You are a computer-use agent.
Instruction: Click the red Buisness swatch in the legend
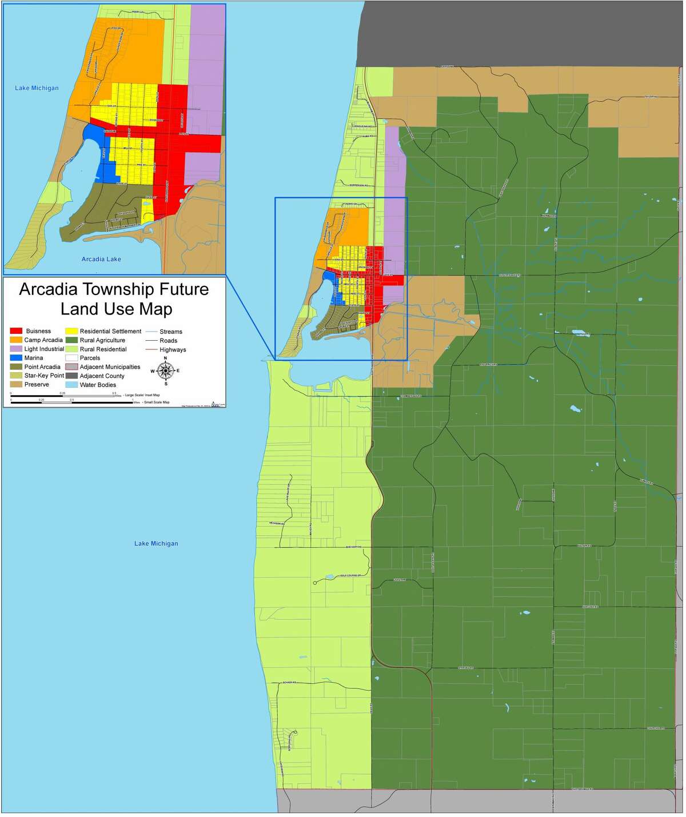pyautogui.click(x=16, y=331)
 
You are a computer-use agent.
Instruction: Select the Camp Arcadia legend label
pyautogui.click(x=43, y=340)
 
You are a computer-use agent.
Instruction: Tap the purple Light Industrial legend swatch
pyautogui.click(x=16, y=349)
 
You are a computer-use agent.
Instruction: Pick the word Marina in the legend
pyautogui.click(x=34, y=358)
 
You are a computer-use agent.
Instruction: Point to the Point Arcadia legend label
pyautogui.click(x=42, y=367)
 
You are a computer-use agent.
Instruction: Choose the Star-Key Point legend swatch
pyautogui.click(x=16, y=376)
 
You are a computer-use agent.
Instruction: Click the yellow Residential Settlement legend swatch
pyautogui.click(x=71, y=331)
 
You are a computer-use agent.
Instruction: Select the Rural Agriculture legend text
pyautogui.click(x=102, y=340)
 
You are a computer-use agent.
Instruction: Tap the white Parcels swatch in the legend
pyautogui.click(x=71, y=358)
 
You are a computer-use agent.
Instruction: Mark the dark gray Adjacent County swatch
pyautogui.click(x=71, y=376)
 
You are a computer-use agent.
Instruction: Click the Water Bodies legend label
pyautogui.click(x=98, y=385)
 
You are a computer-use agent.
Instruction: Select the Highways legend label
pyautogui.click(x=173, y=349)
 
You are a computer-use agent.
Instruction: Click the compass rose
pyautogui.click(x=165, y=371)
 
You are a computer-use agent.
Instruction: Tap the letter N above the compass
pyautogui.click(x=165, y=358)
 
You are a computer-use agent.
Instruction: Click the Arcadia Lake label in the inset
pyautogui.click(x=101, y=259)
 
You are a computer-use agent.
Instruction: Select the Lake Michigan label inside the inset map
pyautogui.click(x=37, y=88)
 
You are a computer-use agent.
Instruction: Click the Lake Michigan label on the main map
pyautogui.click(x=156, y=543)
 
